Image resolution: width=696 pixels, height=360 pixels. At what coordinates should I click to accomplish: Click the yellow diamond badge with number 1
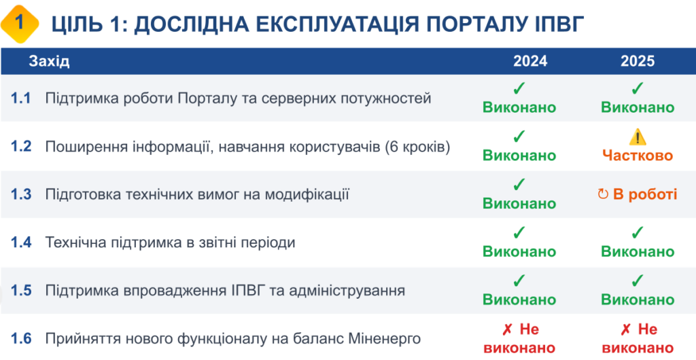point(20,24)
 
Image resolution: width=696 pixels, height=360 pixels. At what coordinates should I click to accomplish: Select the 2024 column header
point(530,61)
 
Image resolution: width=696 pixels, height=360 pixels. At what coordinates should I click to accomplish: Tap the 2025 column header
point(638,61)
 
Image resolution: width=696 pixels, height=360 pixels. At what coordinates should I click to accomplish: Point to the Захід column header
point(49,61)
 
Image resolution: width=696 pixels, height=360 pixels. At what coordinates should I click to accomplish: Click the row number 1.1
point(21,98)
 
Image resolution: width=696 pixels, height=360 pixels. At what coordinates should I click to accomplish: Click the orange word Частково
point(638,156)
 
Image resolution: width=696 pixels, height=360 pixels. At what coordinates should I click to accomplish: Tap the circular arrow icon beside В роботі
point(603,194)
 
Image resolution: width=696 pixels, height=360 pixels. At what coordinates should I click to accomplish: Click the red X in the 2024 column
point(507,329)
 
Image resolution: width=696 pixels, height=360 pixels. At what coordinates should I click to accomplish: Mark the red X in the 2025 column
point(625,329)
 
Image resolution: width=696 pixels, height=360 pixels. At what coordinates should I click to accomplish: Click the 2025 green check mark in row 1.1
point(638,89)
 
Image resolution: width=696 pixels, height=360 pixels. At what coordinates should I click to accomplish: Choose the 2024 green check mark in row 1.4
point(519,232)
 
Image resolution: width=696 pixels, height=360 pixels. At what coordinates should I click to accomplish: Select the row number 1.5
point(21,291)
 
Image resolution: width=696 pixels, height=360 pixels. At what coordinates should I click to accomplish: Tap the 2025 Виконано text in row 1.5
point(638,300)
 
